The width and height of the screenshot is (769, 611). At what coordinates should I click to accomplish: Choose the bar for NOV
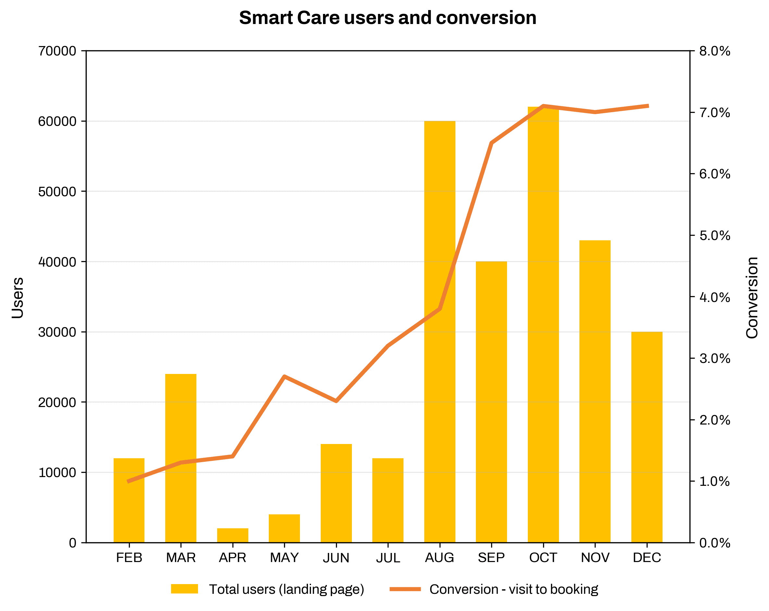(x=595, y=392)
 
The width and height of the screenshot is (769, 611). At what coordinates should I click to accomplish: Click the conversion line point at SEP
(x=491, y=143)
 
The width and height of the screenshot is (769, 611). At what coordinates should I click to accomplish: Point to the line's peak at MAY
(x=284, y=377)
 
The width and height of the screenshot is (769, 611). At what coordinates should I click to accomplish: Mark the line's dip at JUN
(x=336, y=401)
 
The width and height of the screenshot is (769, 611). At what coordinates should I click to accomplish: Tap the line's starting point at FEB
(x=129, y=481)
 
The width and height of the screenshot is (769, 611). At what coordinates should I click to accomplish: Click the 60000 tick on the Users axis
(x=57, y=122)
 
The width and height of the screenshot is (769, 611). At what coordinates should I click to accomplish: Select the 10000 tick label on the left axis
(x=57, y=473)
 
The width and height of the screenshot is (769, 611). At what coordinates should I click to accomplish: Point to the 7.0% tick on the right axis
(x=714, y=113)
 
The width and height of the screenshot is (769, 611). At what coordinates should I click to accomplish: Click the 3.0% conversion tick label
(x=714, y=358)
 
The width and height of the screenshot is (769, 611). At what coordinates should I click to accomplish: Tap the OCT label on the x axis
(x=543, y=557)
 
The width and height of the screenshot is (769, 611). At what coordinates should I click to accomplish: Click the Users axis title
(x=18, y=297)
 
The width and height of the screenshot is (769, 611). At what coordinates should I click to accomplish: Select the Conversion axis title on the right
(x=752, y=297)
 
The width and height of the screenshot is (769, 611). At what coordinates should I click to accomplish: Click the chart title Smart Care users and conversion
(x=387, y=18)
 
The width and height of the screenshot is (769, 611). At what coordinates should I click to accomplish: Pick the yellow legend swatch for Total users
(x=184, y=589)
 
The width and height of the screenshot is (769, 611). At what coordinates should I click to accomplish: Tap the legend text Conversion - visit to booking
(x=514, y=589)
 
